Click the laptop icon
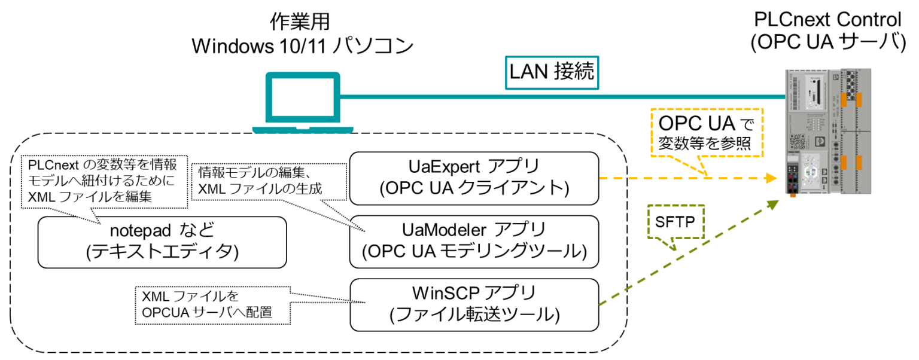click(303, 102)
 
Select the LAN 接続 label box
click(551, 72)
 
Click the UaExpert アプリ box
click(474, 178)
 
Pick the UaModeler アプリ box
click(474, 241)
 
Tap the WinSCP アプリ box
click(474, 304)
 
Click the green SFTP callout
click(675, 223)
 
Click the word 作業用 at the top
click(301, 22)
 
